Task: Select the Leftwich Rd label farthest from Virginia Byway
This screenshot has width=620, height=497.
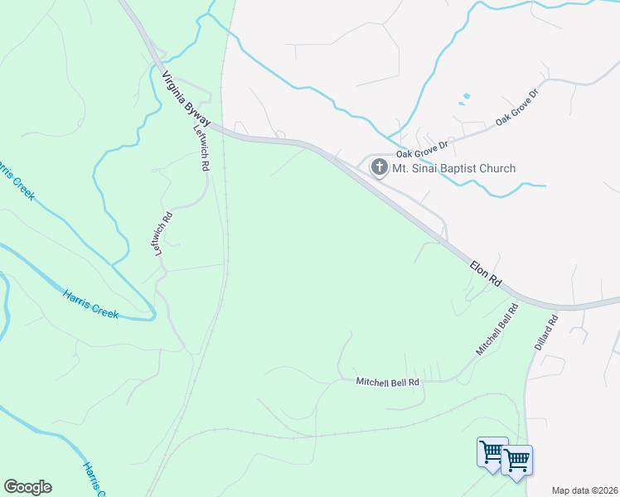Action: tap(165, 234)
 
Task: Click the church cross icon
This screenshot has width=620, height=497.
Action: tap(379, 168)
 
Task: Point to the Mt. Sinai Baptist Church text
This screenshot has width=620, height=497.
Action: tap(453, 168)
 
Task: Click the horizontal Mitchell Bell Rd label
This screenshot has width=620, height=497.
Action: tap(388, 382)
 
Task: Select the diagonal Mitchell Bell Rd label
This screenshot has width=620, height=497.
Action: tap(496, 330)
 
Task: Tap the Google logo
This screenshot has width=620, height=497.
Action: tap(27, 487)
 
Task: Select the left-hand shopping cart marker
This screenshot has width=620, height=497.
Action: tap(492, 453)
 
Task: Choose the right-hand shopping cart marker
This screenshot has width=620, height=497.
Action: tap(517, 461)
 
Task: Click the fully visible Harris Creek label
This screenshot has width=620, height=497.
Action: tap(91, 302)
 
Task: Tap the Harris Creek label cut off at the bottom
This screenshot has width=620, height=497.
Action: tap(92, 480)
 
